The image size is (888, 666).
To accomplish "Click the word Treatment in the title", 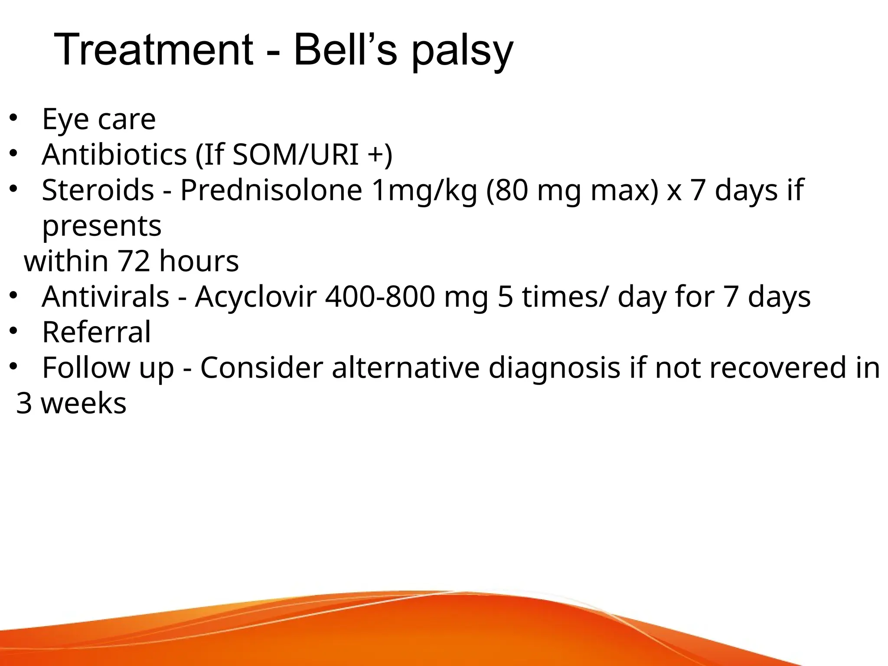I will [x=154, y=50].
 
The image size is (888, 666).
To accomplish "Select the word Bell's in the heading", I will [x=345, y=50].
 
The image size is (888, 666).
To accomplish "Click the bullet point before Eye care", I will [x=13, y=118].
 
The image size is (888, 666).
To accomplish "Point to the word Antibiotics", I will [x=114, y=154].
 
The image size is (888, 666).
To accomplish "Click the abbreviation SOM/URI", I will [x=296, y=154].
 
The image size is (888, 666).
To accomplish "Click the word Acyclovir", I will [x=255, y=297].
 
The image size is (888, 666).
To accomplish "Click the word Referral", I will [x=96, y=332].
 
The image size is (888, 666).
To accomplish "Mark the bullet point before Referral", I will [x=13, y=331].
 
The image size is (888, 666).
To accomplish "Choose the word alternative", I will [x=405, y=368].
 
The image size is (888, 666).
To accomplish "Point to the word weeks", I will [x=84, y=403].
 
